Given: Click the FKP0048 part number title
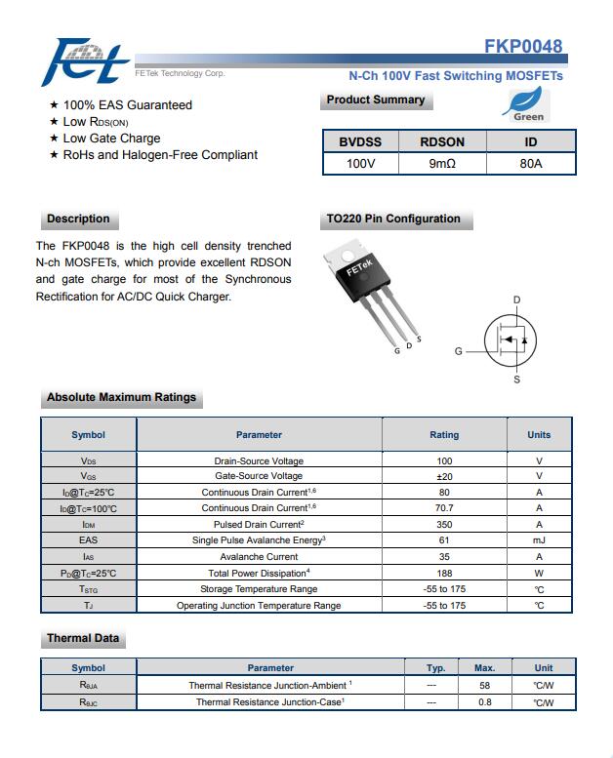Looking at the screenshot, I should [523, 46].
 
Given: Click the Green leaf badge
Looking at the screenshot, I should [528, 103].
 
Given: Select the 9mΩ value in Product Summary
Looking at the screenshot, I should [442, 164].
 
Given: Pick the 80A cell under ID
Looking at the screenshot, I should [531, 164].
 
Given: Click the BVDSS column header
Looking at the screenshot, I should [360, 141].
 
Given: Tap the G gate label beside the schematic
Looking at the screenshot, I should [458, 351].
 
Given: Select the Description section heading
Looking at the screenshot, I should [78, 219].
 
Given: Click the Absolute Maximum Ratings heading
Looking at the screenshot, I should [121, 397].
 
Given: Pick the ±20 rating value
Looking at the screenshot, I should [444, 476].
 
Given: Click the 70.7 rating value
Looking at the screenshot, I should [444, 508].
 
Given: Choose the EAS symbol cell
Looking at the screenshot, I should [89, 539].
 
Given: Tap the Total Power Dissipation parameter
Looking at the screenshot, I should [259, 573].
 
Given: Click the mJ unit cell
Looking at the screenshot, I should [539, 539].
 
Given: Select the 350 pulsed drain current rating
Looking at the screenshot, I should [444, 524].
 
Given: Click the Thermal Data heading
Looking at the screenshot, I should [83, 638].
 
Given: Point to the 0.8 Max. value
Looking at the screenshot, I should [485, 701].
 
